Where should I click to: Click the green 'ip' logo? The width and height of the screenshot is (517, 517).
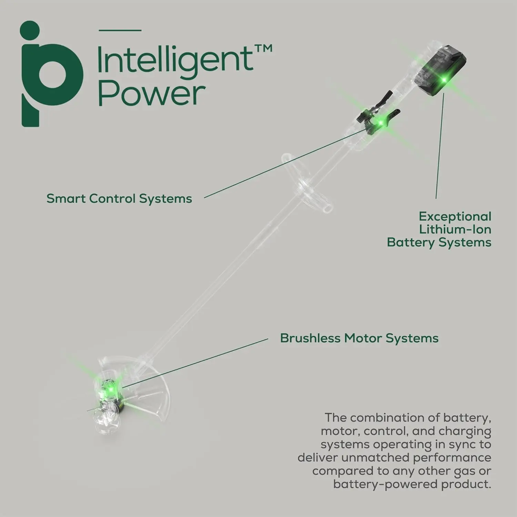[x=52, y=74]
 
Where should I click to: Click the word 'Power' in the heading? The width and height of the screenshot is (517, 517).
[x=152, y=93]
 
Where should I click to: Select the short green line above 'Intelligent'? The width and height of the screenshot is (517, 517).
[x=120, y=30]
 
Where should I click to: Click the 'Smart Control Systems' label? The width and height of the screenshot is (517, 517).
[x=119, y=199]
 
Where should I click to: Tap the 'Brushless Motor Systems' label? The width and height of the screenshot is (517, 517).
[x=359, y=338]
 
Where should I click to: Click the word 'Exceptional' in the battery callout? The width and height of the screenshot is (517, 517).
[x=455, y=216]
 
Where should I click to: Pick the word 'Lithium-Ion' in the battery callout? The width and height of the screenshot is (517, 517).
[x=455, y=229]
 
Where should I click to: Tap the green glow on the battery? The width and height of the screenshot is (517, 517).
[x=444, y=80]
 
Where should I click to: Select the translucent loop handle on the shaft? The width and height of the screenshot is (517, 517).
[x=303, y=183]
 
